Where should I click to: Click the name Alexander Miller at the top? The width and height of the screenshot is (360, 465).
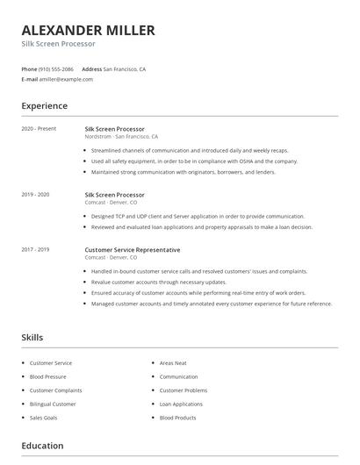pyautogui.click(x=88, y=31)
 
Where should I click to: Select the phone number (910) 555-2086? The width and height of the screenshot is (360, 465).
pyautogui.click(x=56, y=68)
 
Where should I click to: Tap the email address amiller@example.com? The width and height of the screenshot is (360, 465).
pyautogui.click(x=66, y=79)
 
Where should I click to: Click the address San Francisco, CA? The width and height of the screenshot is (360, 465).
pyautogui.click(x=125, y=68)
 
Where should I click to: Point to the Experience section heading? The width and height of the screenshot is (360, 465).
pyautogui.click(x=45, y=106)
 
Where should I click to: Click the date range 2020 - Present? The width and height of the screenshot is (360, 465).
pyautogui.click(x=39, y=129)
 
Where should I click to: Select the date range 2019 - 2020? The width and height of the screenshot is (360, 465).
pyautogui.click(x=35, y=194)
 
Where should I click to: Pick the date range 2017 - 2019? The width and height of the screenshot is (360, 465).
pyautogui.click(x=35, y=249)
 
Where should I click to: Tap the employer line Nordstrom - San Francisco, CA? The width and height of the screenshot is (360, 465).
pyautogui.click(x=121, y=137)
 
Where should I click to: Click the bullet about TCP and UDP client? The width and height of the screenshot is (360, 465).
pyautogui.click(x=198, y=216)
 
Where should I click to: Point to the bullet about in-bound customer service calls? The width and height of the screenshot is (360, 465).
pyautogui.click(x=198, y=271)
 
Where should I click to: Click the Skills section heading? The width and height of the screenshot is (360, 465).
pyautogui.click(x=32, y=337)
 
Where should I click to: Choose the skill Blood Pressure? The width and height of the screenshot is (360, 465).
pyautogui.click(x=49, y=376)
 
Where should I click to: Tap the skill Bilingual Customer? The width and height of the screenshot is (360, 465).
pyautogui.click(x=53, y=404)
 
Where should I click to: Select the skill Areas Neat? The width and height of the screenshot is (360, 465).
pyautogui.click(x=173, y=363)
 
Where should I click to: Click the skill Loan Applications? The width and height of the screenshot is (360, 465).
pyautogui.click(x=181, y=404)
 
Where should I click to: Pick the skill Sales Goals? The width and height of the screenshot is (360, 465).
pyautogui.click(x=45, y=418)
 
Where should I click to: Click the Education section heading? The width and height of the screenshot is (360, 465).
pyautogui.click(x=42, y=446)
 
